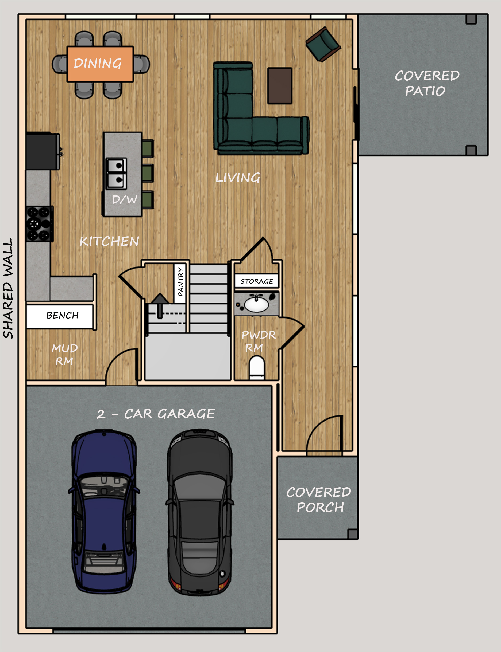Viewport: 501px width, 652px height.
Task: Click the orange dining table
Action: [x=100, y=64]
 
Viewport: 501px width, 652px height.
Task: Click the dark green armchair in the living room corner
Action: [x=323, y=44]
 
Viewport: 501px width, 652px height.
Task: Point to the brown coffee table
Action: [x=279, y=85]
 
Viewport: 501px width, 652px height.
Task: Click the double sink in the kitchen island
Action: [x=116, y=173]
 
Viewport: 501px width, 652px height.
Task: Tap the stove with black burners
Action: [x=40, y=223]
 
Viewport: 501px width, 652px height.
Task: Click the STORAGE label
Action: [x=257, y=281]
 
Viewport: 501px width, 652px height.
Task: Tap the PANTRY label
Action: [x=180, y=282]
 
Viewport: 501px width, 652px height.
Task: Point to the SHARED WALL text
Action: [x=8, y=288]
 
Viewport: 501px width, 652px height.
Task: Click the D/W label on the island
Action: [x=125, y=199]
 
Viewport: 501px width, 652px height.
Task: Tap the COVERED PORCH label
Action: [x=318, y=500]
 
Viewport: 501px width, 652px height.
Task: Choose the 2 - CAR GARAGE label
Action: [x=156, y=414]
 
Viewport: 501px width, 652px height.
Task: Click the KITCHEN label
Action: [x=109, y=241]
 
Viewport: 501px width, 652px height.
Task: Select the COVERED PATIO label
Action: [x=427, y=83]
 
